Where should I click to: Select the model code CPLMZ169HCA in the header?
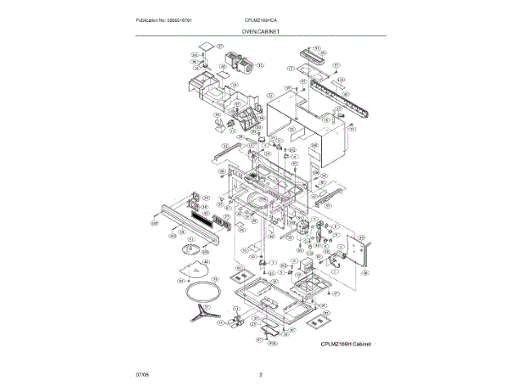click(x=261, y=19)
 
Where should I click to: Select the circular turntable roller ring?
click(x=200, y=291)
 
